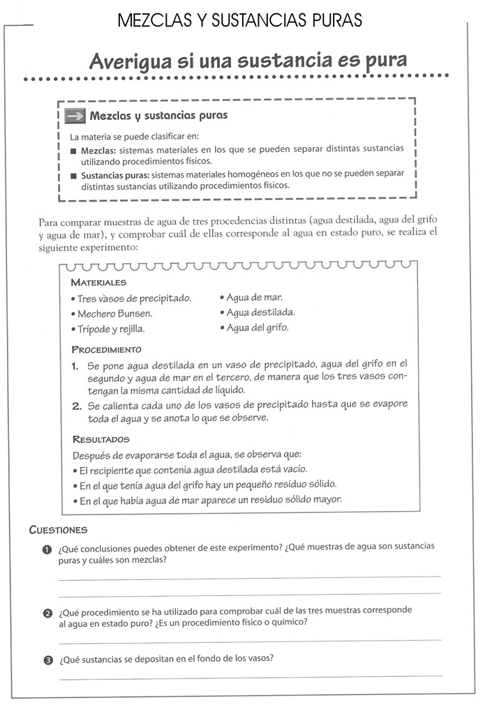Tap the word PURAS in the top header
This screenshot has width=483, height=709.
tap(337, 21)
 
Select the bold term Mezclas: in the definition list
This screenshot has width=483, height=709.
tap(98, 150)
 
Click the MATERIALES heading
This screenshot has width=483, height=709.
tap(98, 282)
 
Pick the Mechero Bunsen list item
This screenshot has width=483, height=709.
tap(114, 314)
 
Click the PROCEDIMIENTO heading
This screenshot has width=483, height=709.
tap(106, 349)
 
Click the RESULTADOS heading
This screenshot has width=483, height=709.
tap(101, 440)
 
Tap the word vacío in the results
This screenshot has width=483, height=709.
tap(292, 469)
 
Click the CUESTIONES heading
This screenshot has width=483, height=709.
tap(58, 530)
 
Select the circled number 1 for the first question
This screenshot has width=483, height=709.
tap(47, 549)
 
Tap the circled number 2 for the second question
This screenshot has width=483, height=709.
tap(47, 613)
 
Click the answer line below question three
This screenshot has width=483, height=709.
tap(251, 676)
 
